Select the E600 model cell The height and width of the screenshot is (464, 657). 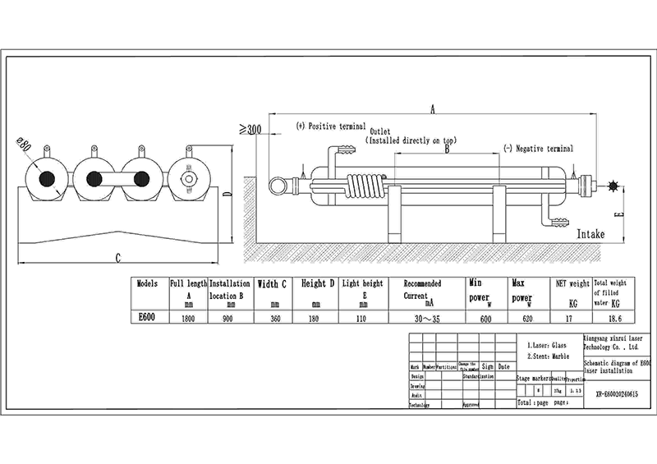149,316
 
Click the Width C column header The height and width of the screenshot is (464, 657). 272,284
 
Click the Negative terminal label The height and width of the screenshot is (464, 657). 539,149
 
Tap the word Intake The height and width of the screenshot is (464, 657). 590,234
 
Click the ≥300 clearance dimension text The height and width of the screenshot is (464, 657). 249,129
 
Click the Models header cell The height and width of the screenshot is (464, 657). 149,283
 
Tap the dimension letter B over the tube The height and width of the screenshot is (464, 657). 447,149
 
